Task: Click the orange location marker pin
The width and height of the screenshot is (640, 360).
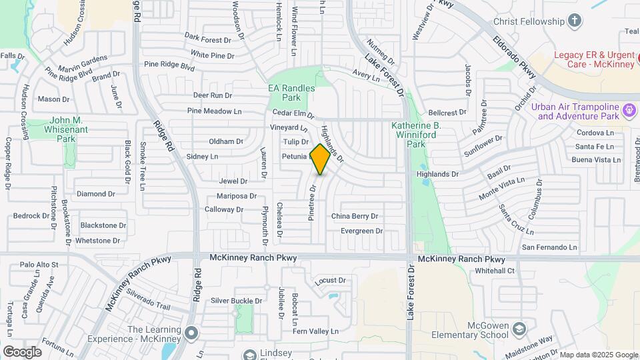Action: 321,159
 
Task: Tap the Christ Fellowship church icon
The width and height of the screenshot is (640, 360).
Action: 575,21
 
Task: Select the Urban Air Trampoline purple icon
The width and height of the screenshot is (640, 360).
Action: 629,109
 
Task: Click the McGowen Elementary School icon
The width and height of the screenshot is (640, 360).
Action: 520,329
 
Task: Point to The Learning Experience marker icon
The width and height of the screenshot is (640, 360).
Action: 192,332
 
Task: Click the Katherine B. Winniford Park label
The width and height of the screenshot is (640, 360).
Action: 417,134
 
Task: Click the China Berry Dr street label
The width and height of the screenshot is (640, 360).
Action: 354,216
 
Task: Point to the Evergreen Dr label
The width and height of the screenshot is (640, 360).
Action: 361,231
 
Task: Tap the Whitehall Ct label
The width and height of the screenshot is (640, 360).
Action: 494,271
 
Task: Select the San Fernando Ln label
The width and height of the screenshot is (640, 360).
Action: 549,247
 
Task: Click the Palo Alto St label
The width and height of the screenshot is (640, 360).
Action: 39,265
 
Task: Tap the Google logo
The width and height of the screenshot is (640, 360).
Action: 22,351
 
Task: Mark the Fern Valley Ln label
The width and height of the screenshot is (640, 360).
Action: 316,331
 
